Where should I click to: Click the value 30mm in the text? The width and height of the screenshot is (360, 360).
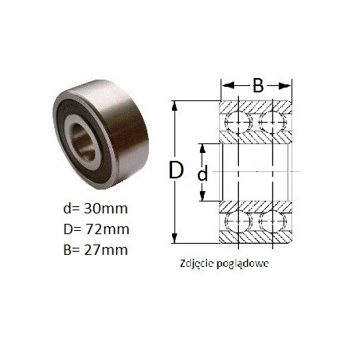coord(106,209)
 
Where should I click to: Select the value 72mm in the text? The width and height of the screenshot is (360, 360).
coord(107,229)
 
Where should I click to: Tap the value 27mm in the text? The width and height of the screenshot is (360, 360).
coord(106,250)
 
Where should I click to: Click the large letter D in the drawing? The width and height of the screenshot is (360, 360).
coord(176,170)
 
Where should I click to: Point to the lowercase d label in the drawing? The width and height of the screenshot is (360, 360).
coord(203,174)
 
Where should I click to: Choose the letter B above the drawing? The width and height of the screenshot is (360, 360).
coord(258,86)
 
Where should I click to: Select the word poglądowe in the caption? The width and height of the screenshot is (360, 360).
coord(242,264)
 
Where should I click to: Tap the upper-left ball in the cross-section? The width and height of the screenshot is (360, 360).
coord(238,122)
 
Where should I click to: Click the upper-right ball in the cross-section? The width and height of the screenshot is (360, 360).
coord(272,122)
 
